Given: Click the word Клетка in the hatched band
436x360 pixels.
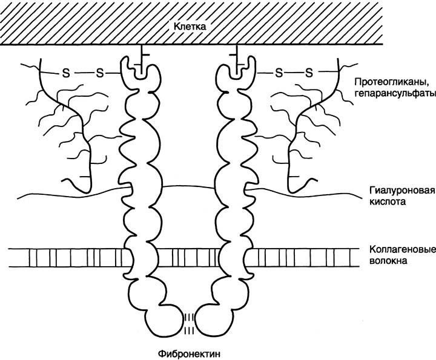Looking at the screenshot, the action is click(x=190, y=27).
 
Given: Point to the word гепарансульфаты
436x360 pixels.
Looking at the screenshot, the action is click(x=395, y=94).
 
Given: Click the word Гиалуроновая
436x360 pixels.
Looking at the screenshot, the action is click(x=402, y=191).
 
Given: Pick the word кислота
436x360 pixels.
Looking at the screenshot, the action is click(x=387, y=201).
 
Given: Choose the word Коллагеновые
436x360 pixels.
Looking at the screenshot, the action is click(x=402, y=249).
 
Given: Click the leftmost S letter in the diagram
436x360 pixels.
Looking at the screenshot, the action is click(x=66, y=73).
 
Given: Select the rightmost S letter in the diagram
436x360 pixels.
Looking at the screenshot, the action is click(x=309, y=73).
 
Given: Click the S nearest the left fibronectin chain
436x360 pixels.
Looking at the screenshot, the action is click(x=99, y=73).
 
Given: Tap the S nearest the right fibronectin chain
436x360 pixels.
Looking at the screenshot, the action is click(x=279, y=73).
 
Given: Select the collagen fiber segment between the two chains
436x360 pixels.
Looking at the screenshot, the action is click(x=189, y=258).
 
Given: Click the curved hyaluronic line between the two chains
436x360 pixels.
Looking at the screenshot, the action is click(x=189, y=186).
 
